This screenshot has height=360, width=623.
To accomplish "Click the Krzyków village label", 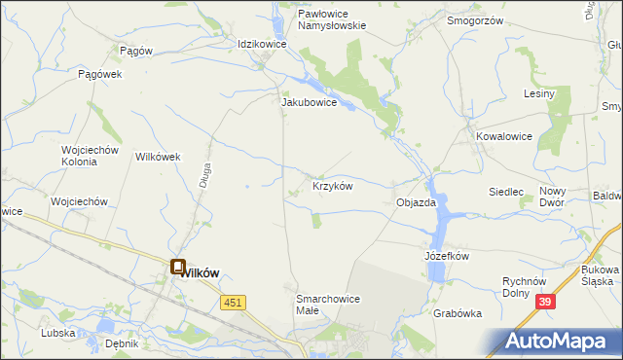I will pos(332,186).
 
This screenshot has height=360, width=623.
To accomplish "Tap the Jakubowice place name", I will pos(309,102).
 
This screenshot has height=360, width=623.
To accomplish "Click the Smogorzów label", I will pos(473,19).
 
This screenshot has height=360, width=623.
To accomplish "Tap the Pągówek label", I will pos(99,74).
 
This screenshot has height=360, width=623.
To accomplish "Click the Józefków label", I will pos(447,256).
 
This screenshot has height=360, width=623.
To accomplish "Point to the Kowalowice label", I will pos(503,137).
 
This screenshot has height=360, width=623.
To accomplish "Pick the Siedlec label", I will pos(506,193).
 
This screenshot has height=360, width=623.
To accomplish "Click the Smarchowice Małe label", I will pos(327,305).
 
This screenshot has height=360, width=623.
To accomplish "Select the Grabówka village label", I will pos(458,313).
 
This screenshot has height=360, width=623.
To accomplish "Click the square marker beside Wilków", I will pos(177,266).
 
